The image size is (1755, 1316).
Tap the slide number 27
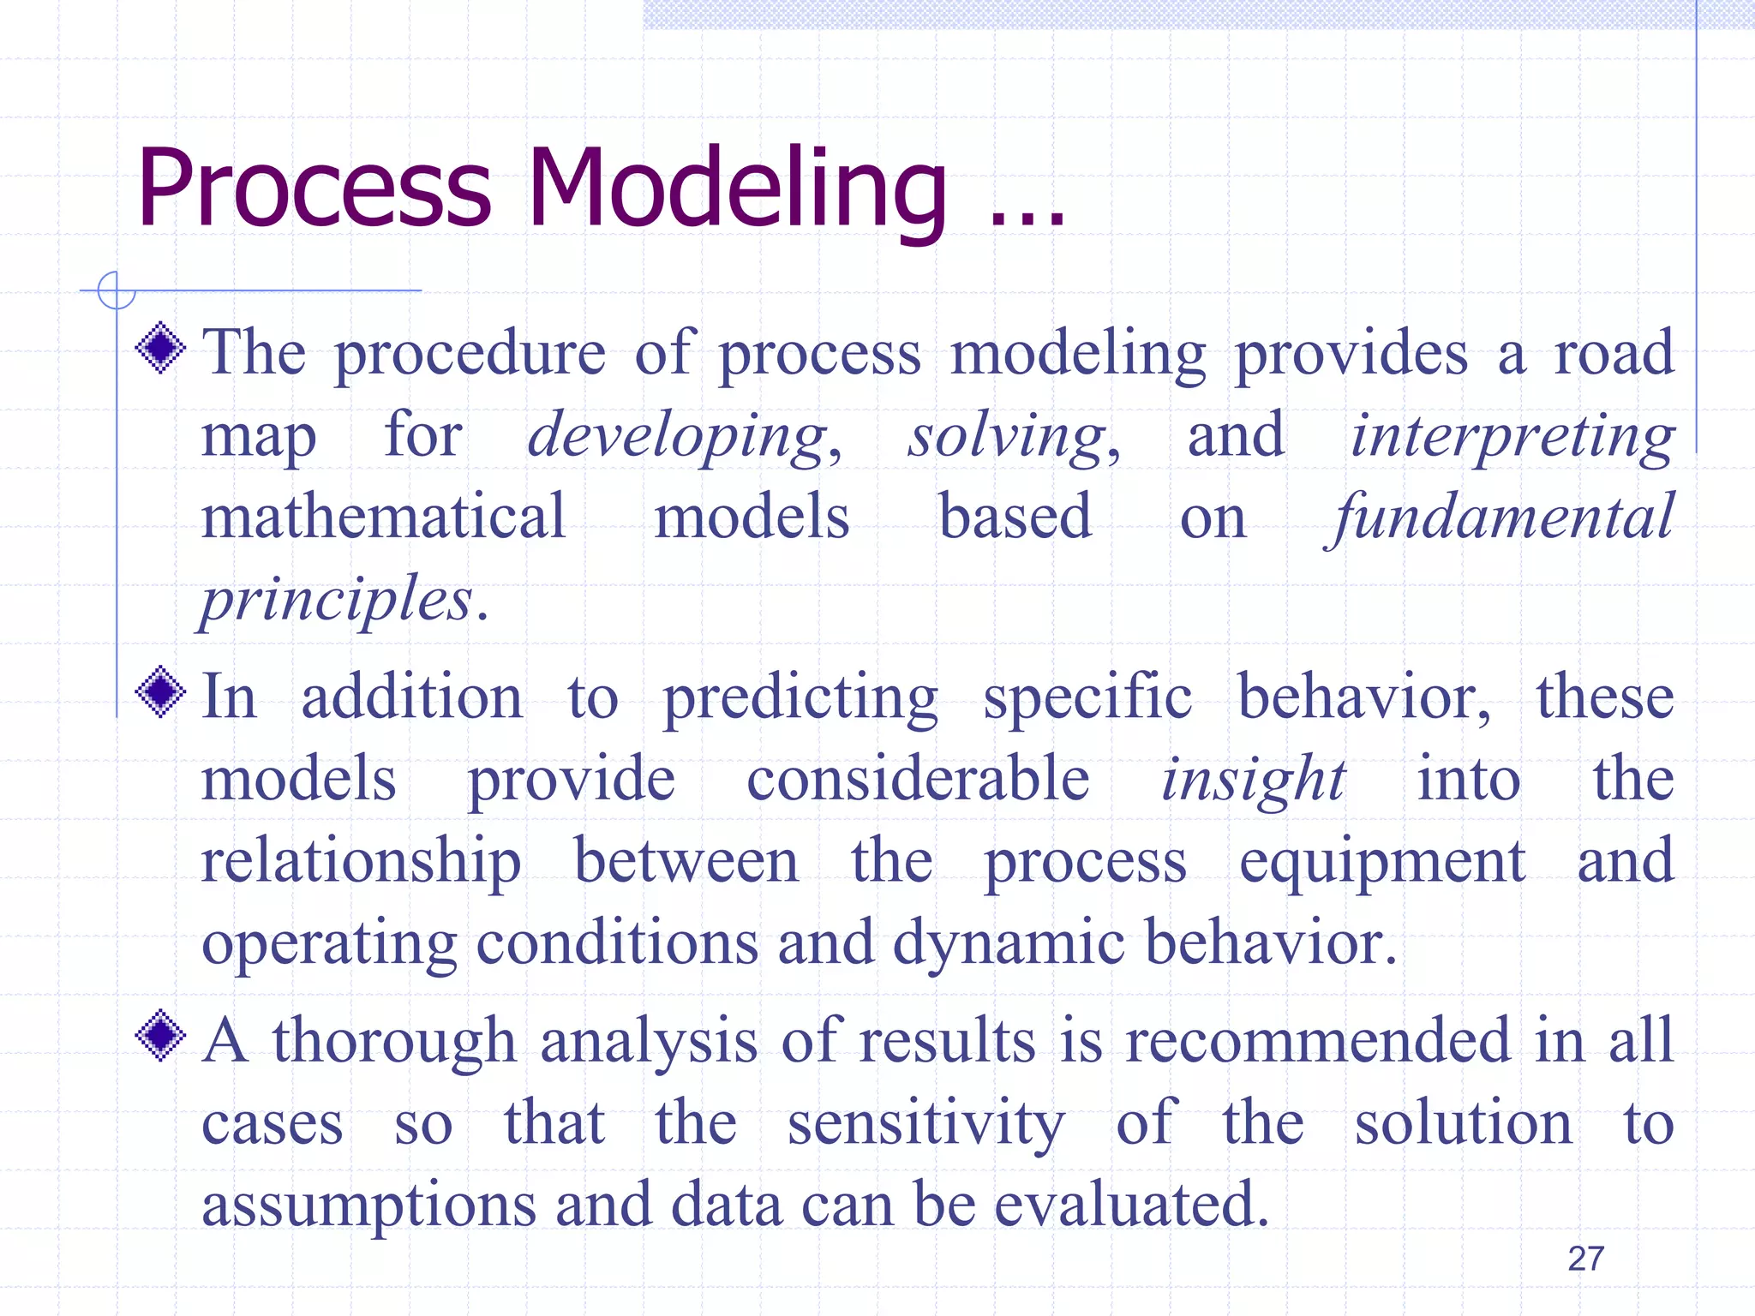pos(1585,1259)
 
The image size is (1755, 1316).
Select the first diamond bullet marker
pos(160,348)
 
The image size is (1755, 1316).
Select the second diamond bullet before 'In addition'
pos(160,692)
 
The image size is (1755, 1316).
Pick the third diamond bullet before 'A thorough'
pos(160,1036)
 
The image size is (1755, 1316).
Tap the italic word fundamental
pos(1500,519)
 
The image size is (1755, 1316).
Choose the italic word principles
pos(336,600)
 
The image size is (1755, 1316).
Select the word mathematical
pos(383,517)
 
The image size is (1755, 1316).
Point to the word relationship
pos(361,862)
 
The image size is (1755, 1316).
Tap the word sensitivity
pos(925,1125)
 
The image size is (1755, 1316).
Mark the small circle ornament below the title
pos(117,290)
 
